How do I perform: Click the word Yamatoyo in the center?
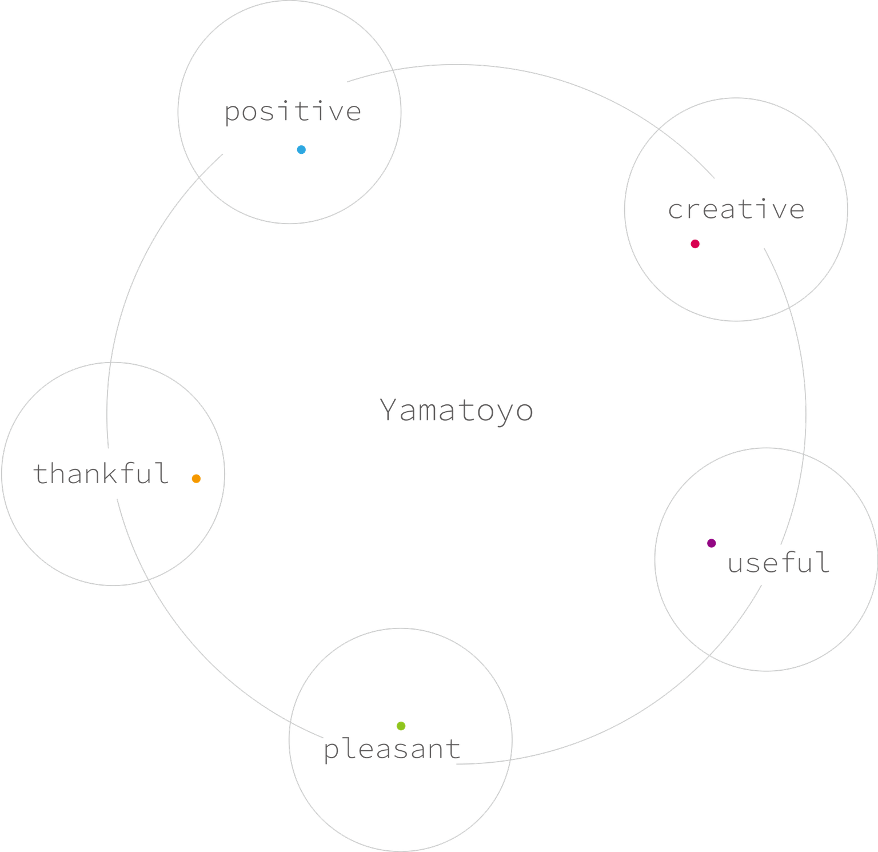pyautogui.click(x=457, y=411)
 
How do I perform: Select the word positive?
pyautogui.click(x=293, y=112)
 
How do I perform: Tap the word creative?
pyautogui.click(x=736, y=210)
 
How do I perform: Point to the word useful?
pyautogui.click(x=779, y=563)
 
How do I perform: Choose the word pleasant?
pyautogui.click(x=392, y=749)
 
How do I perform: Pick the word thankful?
pyautogui.click(x=101, y=473)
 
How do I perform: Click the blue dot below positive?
pyautogui.click(x=301, y=150)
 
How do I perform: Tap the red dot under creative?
pyautogui.click(x=695, y=244)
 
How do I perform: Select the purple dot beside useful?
pyautogui.click(x=711, y=543)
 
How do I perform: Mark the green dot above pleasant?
pyautogui.click(x=401, y=726)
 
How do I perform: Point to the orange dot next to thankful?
pyautogui.click(x=196, y=479)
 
